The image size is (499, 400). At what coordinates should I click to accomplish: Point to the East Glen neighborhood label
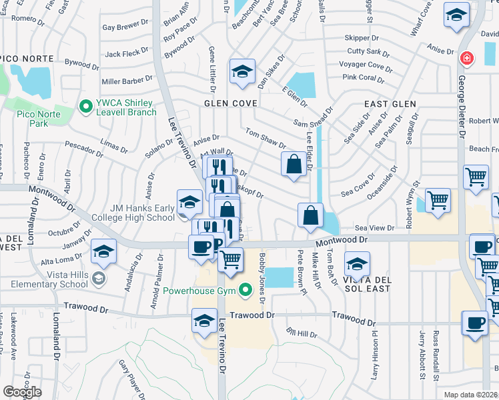[390, 104]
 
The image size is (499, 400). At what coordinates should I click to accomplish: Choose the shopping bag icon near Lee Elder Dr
[294, 165]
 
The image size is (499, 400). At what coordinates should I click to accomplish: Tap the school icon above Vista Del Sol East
[357, 264]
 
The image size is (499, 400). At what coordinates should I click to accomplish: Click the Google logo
[22, 392]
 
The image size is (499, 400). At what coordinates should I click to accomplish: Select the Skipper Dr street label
[362, 38]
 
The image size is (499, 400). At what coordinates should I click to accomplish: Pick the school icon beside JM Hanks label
[189, 201]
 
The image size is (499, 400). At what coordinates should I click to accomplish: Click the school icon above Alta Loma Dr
[103, 251]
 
